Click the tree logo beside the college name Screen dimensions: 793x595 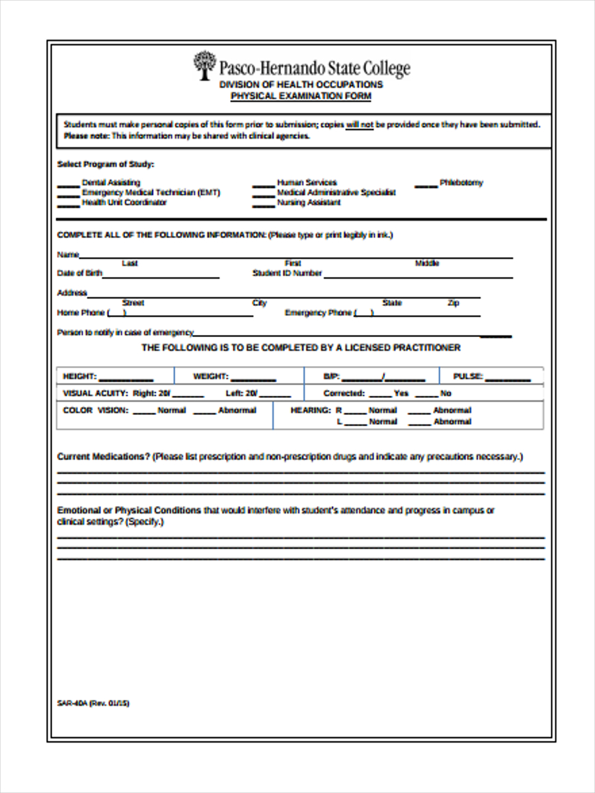coord(204,65)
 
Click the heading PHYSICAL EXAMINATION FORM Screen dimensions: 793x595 coord(301,96)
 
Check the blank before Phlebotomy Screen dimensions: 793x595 coord(426,186)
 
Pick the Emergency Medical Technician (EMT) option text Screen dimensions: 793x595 coord(151,193)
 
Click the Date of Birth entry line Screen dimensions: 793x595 coord(161,276)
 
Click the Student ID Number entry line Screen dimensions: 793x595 coord(418,276)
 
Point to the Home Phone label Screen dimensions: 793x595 coord(81,313)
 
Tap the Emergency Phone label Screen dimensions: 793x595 coord(318,313)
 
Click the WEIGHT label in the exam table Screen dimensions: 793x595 coord(210,377)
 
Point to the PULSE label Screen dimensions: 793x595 coord(468,377)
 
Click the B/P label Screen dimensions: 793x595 coord(331,377)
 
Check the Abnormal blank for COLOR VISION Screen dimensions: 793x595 coord(204,412)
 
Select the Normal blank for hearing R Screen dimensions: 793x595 coord(355,412)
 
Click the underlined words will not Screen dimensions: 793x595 coord(360,124)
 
